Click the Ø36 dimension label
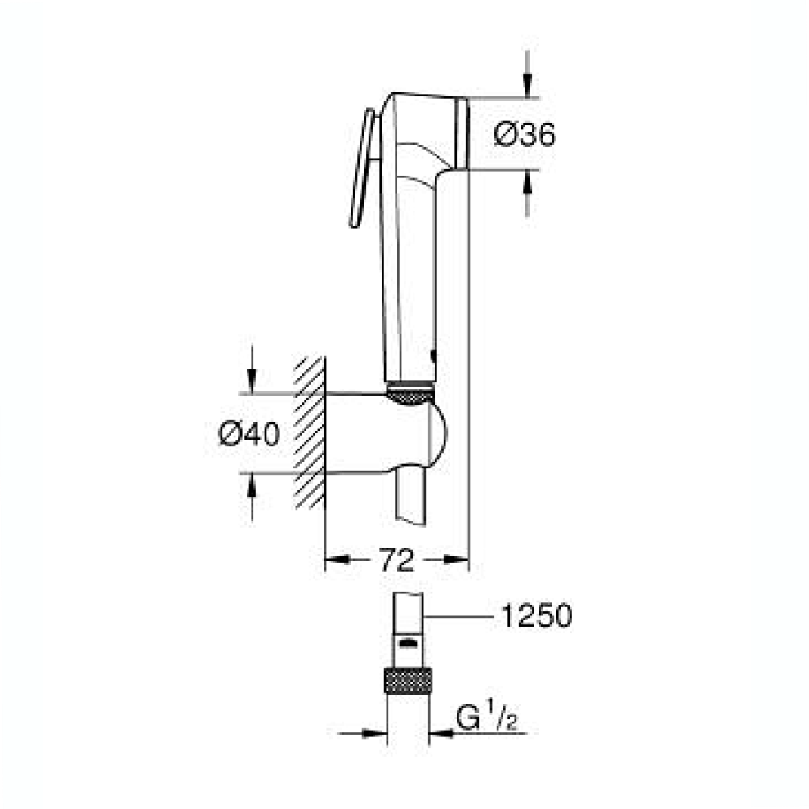click(525, 135)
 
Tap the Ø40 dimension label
click(249, 433)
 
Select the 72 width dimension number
click(396, 560)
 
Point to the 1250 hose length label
click(537, 615)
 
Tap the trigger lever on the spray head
click(362, 168)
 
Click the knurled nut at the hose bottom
click(408, 680)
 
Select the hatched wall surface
click(310, 433)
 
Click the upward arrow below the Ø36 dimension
click(527, 193)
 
